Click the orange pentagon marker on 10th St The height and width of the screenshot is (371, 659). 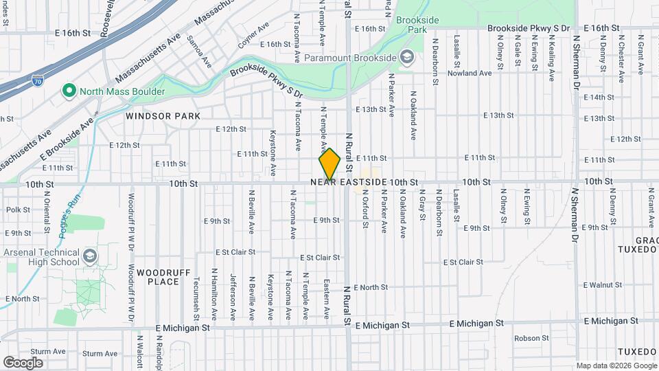[x=329, y=165]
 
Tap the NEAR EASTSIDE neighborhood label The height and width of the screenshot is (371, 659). [x=348, y=182]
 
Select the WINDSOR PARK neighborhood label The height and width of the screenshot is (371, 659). [x=163, y=116]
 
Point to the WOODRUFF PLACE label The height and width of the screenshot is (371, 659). [x=158, y=277]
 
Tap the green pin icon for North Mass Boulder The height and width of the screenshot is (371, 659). [x=69, y=91]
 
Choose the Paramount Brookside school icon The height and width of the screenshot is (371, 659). [x=406, y=57]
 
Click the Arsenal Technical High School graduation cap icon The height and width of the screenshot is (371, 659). [x=89, y=257]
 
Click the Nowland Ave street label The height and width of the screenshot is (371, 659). [x=473, y=72]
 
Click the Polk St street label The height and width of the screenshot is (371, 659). [x=18, y=210]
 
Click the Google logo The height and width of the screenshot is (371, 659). [x=23, y=362]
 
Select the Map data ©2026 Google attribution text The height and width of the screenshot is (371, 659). [x=615, y=365]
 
